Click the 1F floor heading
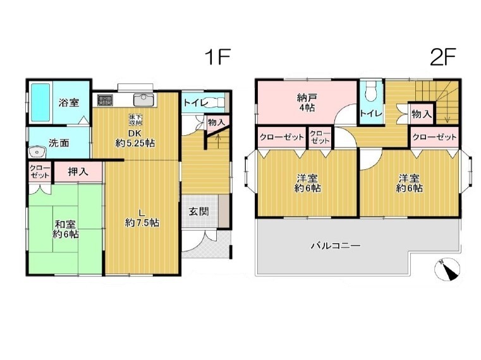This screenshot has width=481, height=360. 218,57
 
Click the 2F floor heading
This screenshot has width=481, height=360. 443,57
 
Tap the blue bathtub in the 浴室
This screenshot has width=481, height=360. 40,102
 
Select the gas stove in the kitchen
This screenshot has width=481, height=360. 105,100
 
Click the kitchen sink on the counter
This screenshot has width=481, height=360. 143,100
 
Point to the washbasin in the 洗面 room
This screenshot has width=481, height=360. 37,152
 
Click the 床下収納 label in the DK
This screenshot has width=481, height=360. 135,119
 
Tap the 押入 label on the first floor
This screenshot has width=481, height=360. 78,172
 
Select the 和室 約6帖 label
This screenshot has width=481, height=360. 66,229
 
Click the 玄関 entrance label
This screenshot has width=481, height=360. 198,212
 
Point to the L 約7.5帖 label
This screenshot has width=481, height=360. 142,218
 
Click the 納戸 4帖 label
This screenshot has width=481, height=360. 307,103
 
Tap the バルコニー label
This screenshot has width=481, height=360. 336,246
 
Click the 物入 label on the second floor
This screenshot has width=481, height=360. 422,114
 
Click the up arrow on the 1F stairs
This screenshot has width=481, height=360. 218,141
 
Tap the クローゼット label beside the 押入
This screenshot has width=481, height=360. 40,172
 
